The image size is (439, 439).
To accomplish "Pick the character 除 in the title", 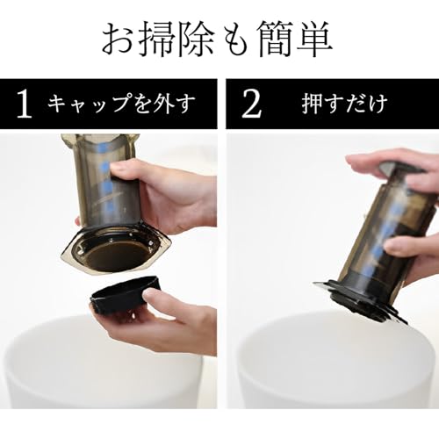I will click(x=201, y=37).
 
